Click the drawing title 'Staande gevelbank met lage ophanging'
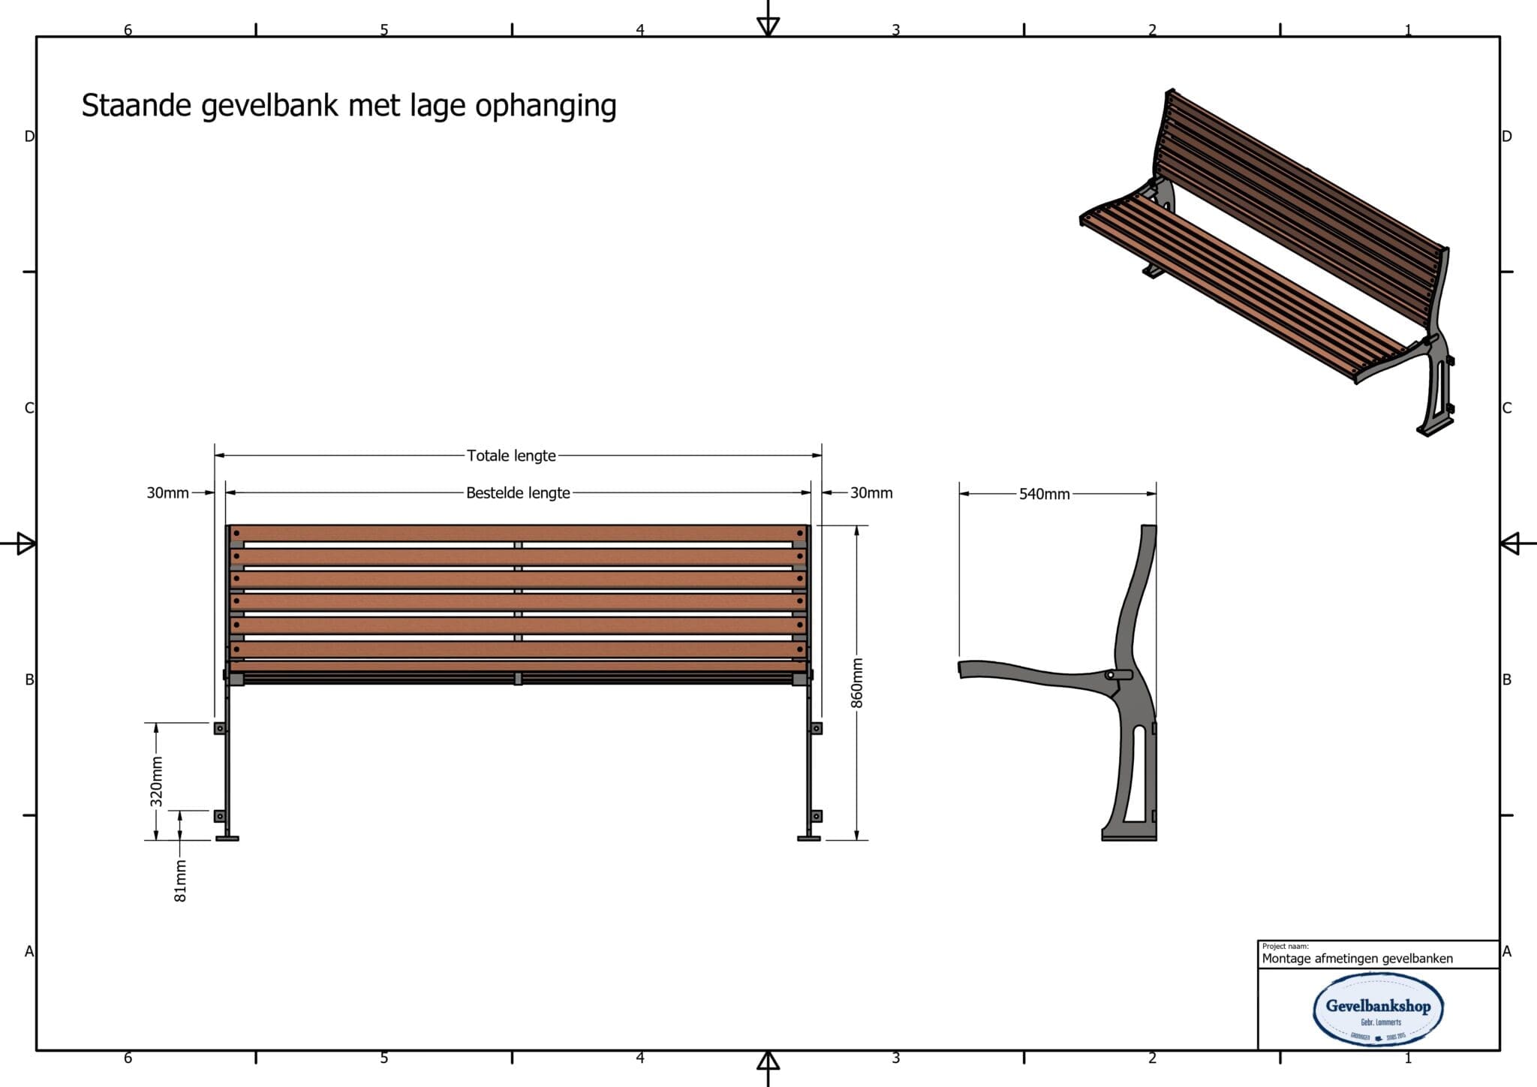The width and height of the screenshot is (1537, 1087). coord(349,106)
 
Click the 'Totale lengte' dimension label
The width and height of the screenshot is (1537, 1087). coord(511,456)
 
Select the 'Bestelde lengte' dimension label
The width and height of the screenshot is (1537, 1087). coord(518,493)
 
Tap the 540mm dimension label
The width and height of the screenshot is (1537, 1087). coord(1044,494)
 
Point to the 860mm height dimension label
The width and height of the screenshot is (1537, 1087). coord(857,682)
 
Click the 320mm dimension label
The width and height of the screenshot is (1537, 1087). coord(156,781)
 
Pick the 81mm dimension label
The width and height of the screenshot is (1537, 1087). coord(180,881)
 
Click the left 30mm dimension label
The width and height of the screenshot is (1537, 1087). coord(167,493)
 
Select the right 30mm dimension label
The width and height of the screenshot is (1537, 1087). coord(871,493)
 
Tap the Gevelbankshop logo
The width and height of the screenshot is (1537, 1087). coord(1378,1008)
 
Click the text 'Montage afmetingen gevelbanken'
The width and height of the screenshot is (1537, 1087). coord(1357,959)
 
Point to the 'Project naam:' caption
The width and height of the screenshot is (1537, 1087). coord(1285,947)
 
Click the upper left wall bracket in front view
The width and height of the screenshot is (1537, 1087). coord(219,728)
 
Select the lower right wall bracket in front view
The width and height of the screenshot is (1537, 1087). coord(817,816)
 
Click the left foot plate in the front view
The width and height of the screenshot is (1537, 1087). coord(227,838)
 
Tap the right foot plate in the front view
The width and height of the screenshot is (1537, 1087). coord(808,838)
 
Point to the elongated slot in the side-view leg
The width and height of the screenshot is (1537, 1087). coord(1139,773)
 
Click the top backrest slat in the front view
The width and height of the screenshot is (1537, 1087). coord(518,533)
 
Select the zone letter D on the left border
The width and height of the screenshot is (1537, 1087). coord(29,137)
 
